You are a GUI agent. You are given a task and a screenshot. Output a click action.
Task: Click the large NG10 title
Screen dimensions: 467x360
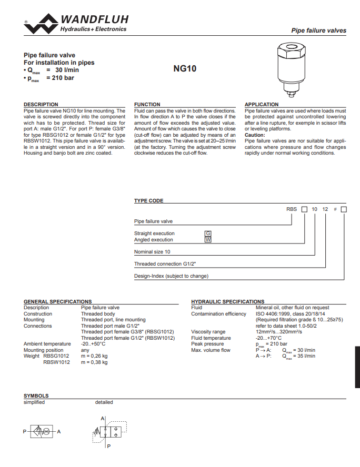click(x=185, y=68)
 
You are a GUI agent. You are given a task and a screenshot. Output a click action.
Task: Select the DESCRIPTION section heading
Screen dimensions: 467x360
click(x=41, y=105)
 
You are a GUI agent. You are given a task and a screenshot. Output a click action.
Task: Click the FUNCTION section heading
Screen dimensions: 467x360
click(x=147, y=105)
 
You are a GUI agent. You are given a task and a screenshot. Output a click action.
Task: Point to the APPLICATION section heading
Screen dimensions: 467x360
click(x=262, y=105)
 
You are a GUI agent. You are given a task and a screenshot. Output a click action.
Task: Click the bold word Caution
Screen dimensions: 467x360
click(x=255, y=135)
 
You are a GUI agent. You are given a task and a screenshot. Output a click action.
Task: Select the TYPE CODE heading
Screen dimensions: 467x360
click(x=149, y=201)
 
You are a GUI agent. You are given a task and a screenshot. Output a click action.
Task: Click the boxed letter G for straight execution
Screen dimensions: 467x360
click(x=208, y=233)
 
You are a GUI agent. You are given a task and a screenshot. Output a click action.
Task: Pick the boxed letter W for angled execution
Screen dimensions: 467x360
click(x=208, y=239)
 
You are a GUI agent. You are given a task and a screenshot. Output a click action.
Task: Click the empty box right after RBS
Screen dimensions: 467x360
click(x=304, y=209)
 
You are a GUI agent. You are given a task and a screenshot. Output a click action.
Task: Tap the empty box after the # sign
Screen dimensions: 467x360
click(x=344, y=209)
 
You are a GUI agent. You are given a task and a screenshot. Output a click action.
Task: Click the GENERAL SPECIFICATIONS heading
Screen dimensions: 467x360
click(x=58, y=302)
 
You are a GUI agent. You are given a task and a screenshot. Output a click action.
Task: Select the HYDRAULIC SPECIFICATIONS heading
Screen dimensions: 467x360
click(x=228, y=302)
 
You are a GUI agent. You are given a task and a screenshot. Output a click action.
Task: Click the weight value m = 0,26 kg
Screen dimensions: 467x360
click(x=94, y=356)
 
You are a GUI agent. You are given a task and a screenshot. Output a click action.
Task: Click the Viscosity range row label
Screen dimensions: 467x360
click(x=208, y=332)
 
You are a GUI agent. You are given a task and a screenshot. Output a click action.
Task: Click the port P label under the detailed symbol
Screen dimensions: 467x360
click(x=108, y=446)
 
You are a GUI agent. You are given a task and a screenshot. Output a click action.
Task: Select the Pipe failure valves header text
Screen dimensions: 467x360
click(x=319, y=31)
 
